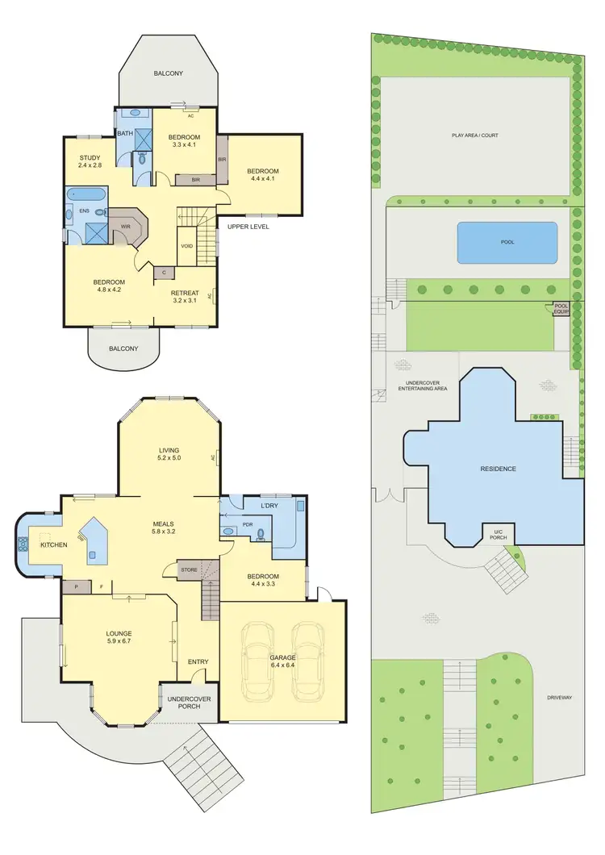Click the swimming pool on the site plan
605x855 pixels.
(x=507, y=242)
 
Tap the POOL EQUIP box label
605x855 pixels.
(x=561, y=309)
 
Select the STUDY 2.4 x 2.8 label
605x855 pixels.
(x=89, y=161)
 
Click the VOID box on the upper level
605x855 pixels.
(x=186, y=246)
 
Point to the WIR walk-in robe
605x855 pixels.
(x=126, y=227)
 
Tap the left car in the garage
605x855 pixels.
(x=259, y=661)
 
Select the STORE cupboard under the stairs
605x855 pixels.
(x=189, y=569)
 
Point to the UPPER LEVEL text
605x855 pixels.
(x=248, y=227)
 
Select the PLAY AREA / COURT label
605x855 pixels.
(x=474, y=136)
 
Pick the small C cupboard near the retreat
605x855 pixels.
(x=164, y=273)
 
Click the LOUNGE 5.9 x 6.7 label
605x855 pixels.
(x=119, y=638)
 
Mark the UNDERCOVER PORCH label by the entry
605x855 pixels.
(x=190, y=702)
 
